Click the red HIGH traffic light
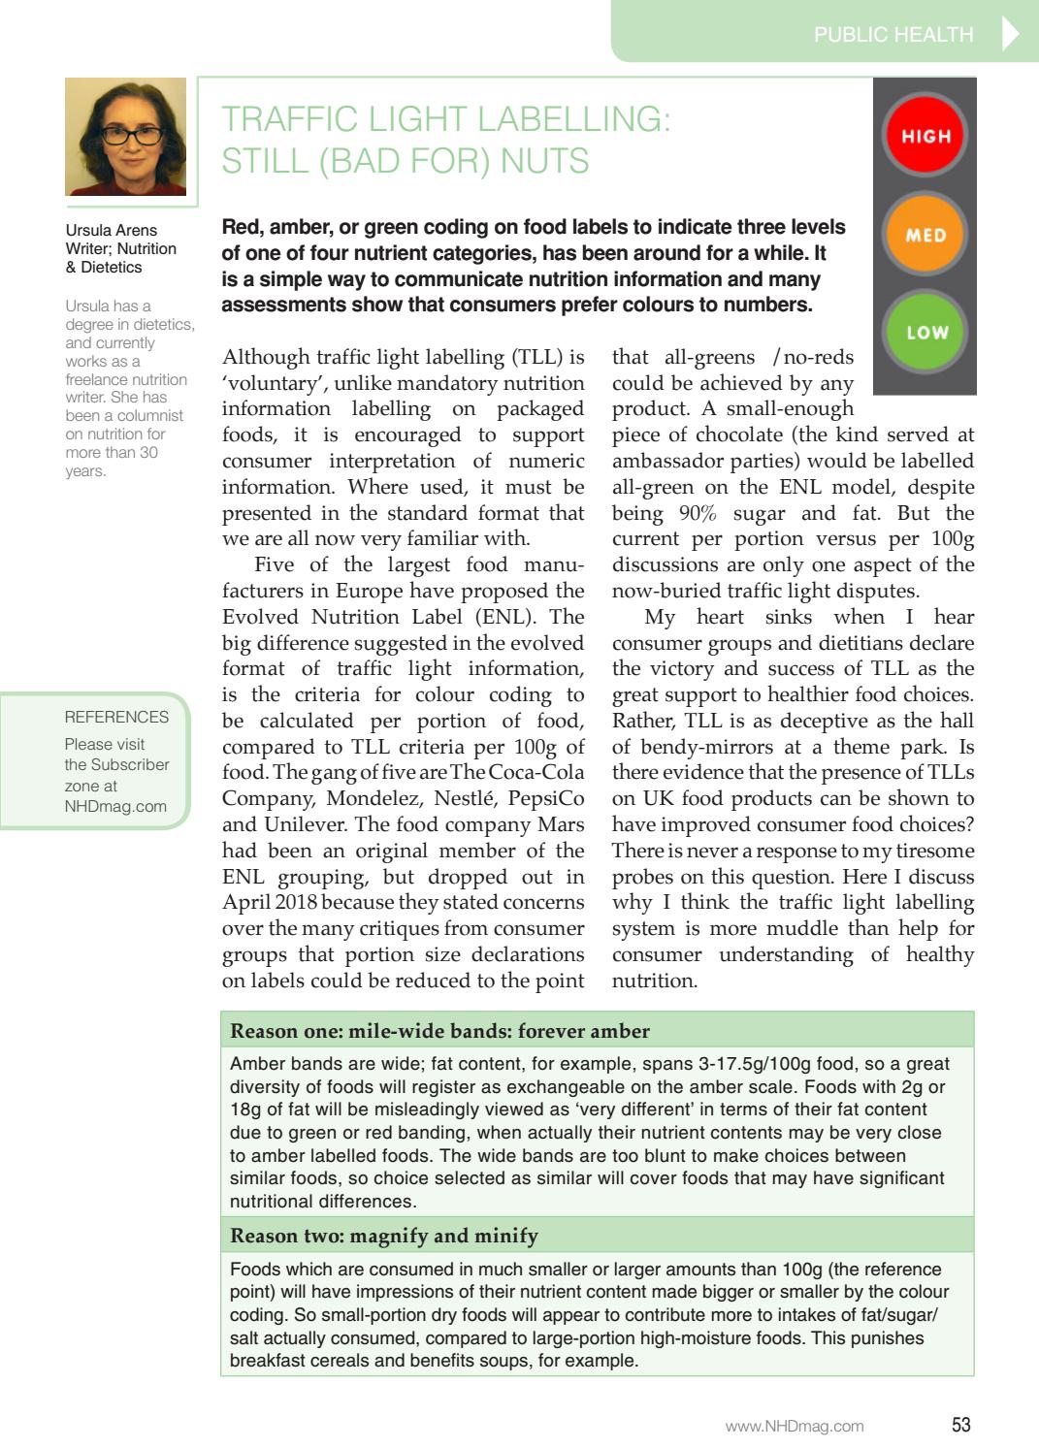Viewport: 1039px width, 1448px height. (x=925, y=136)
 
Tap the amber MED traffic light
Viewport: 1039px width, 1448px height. (x=925, y=235)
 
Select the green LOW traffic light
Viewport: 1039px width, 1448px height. (x=925, y=332)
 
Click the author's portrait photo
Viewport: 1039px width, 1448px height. (x=125, y=137)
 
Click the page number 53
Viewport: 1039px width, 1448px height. (x=960, y=1425)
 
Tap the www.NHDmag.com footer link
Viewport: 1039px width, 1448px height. (x=795, y=1426)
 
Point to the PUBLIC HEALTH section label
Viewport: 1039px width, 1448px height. (x=893, y=35)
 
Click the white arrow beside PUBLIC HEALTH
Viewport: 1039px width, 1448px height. (x=1010, y=34)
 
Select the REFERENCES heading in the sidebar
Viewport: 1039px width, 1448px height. (x=116, y=717)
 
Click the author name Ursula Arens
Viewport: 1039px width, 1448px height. (x=111, y=230)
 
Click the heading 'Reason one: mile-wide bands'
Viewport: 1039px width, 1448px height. (x=439, y=1031)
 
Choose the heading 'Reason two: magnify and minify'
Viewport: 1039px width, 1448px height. (x=383, y=1236)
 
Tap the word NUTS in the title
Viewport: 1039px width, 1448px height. (x=544, y=160)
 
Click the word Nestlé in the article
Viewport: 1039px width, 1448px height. (x=480, y=798)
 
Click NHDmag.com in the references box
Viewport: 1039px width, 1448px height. (x=115, y=806)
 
